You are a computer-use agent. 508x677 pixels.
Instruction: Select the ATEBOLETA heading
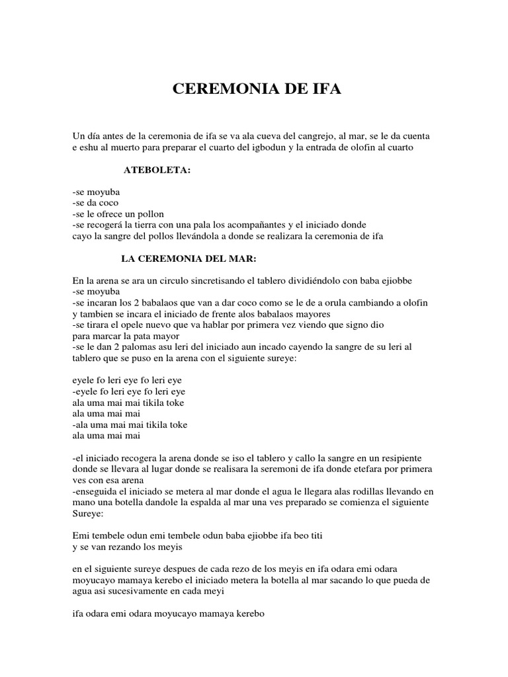pyautogui.click(x=157, y=170)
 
